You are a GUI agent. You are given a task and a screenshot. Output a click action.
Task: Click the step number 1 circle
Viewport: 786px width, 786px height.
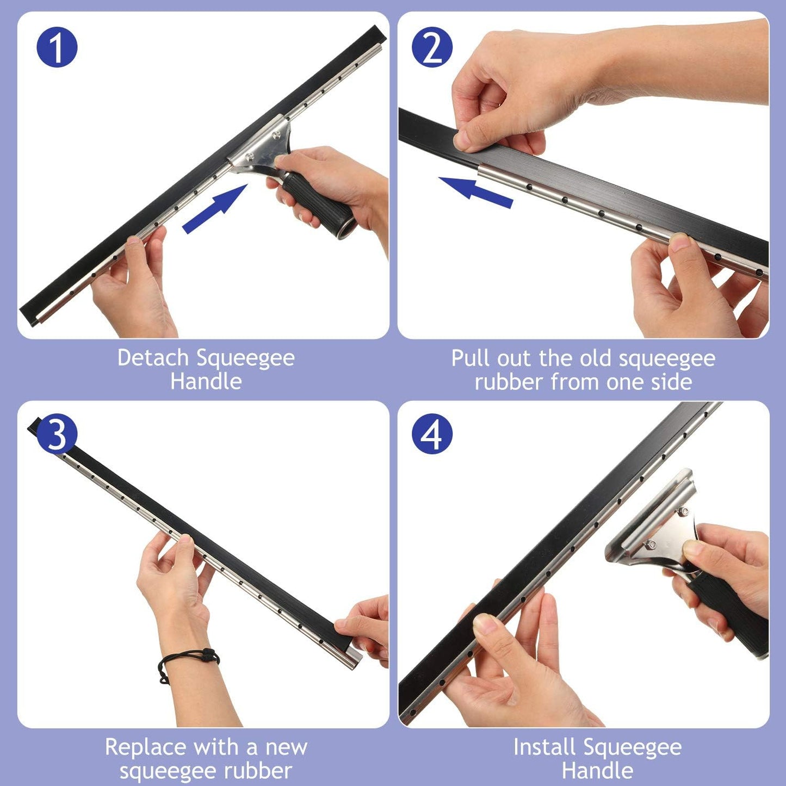[x=57, y=47]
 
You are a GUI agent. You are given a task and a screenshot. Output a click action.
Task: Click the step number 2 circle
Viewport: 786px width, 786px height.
[x=432, y=47]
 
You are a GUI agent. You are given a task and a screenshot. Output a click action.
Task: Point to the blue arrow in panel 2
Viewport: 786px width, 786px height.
[x=475, y=191]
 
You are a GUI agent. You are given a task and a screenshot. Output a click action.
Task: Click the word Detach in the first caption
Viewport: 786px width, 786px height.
[x=153, y=358]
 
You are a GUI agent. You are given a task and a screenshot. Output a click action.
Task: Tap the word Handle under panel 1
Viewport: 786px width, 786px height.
[x=206, y=381]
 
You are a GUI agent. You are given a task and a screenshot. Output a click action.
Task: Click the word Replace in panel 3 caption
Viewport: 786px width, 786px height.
[x=145, y=747]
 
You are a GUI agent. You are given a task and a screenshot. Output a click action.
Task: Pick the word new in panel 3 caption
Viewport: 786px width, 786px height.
[x=286, y=747]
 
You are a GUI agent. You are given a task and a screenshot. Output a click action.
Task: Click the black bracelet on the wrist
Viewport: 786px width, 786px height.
[x=188, y=659]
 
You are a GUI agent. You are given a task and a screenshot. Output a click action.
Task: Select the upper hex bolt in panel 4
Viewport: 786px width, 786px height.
[x=683, y=511]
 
